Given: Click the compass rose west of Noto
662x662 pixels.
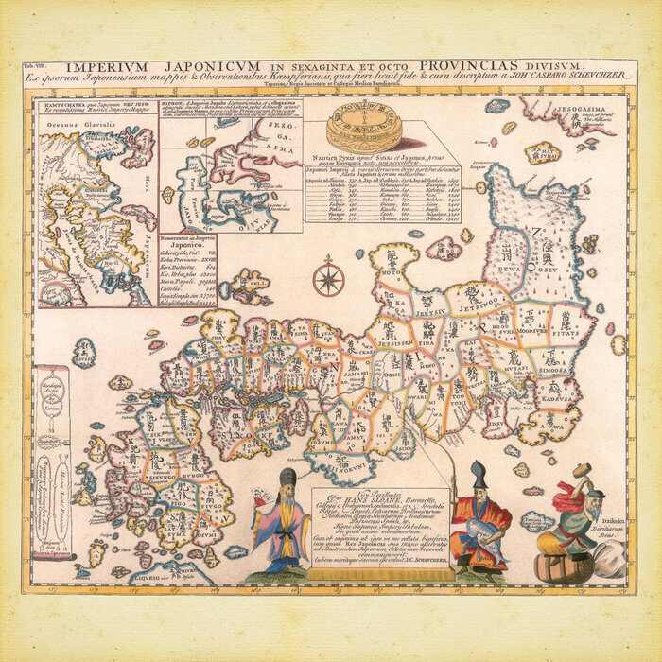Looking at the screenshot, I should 329,278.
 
